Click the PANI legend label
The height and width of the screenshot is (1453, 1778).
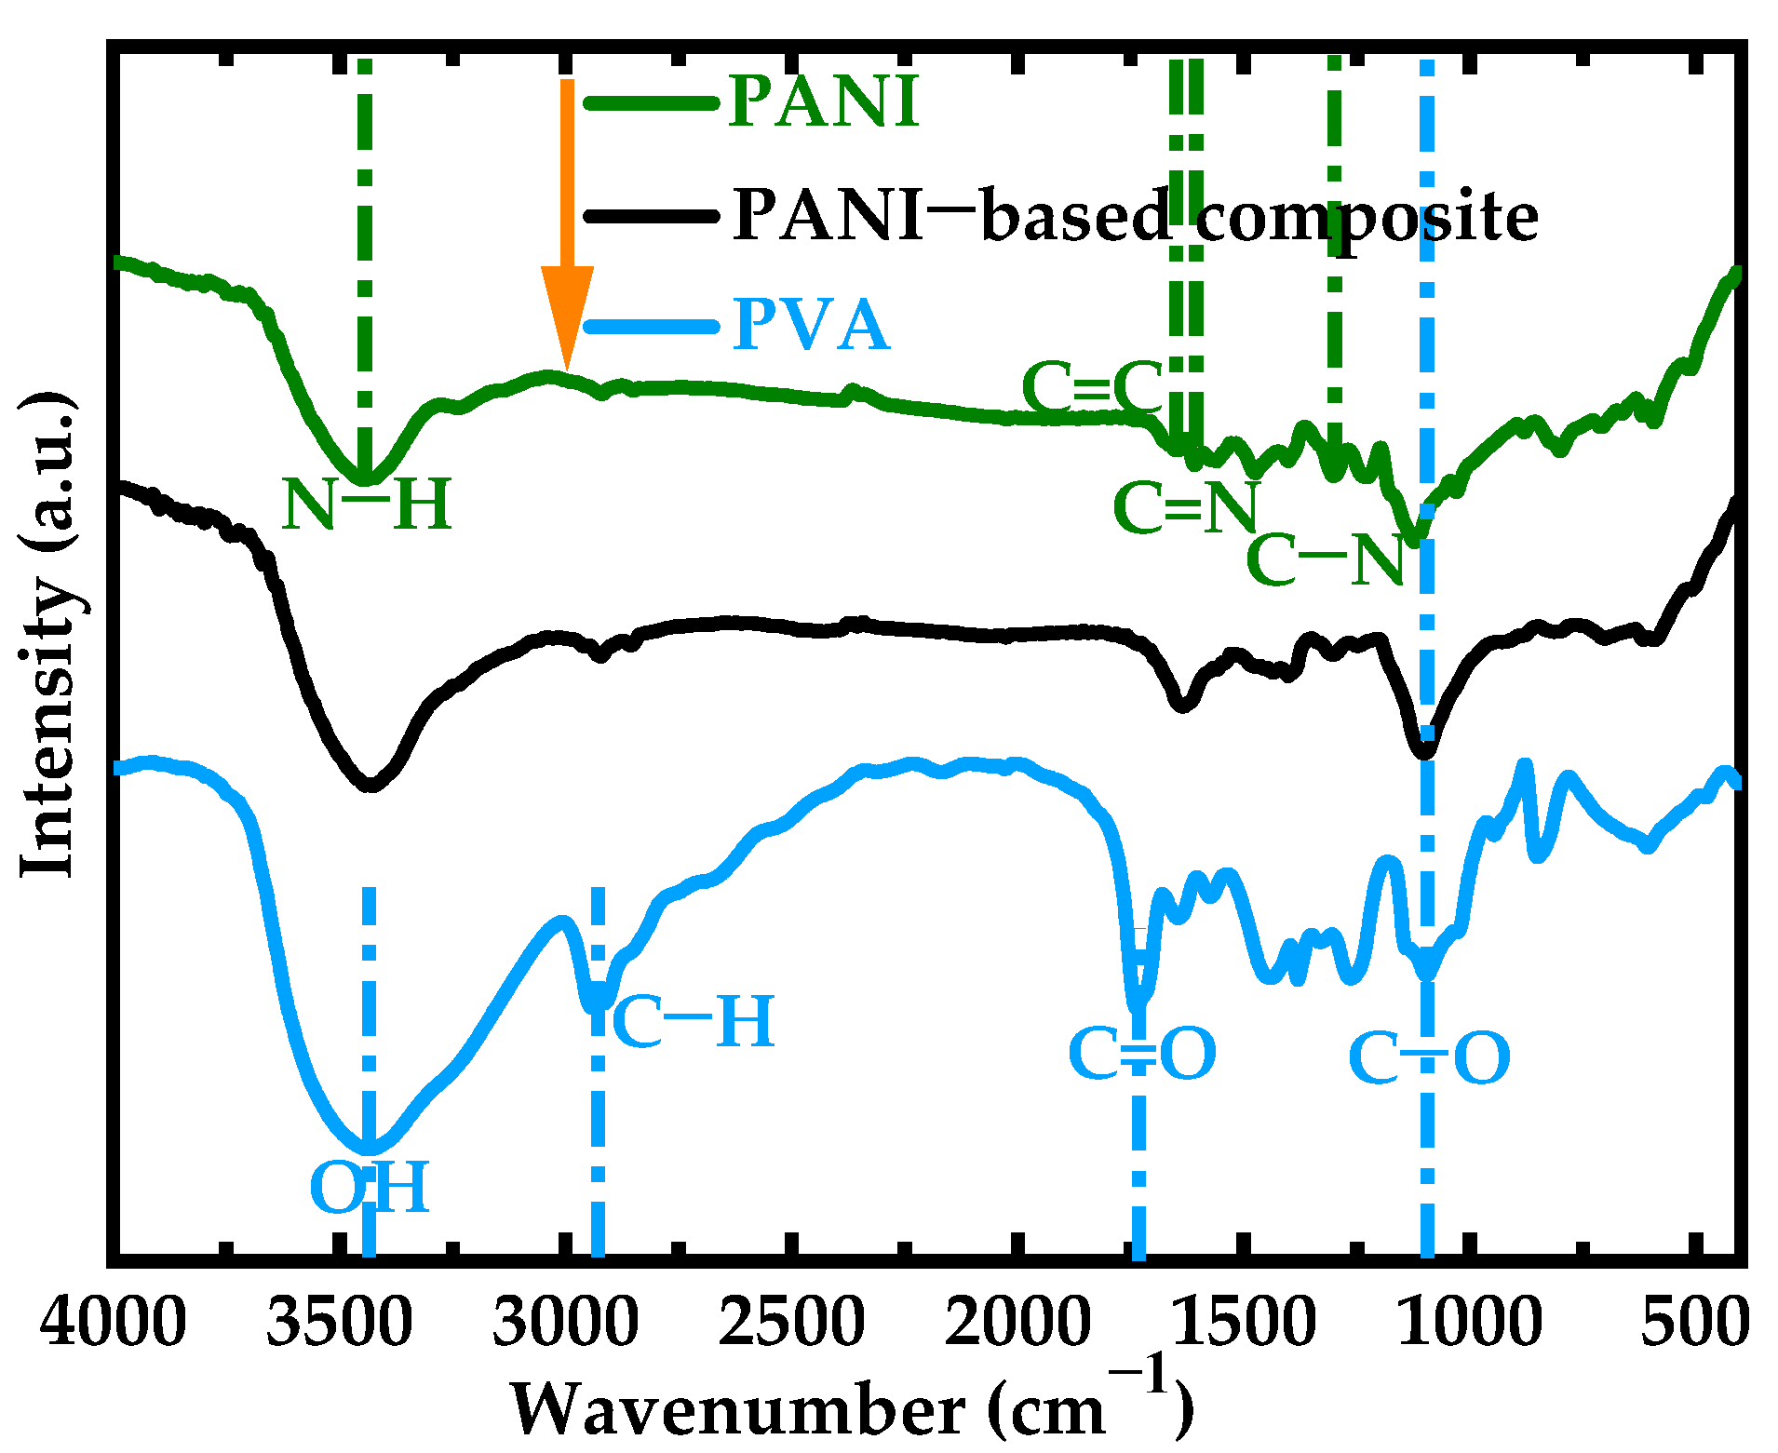(823, 101)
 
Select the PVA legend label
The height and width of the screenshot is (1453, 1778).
(810, 325)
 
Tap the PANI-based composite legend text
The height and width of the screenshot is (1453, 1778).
(1134, 215)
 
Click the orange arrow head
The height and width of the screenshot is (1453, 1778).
(567, 316)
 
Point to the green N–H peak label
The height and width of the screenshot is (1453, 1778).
(367, 505)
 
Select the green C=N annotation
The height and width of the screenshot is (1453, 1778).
(1185, 507)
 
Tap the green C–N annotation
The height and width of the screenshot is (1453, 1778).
(1325, 560)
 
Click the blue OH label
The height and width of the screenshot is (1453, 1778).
(369, 1187)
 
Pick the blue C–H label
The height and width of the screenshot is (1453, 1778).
(693, 1021)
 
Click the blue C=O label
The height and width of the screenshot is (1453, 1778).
(1142, 1054)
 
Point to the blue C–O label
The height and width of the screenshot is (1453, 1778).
(1429, 1058)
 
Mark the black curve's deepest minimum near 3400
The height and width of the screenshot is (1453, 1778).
(370, 785)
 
